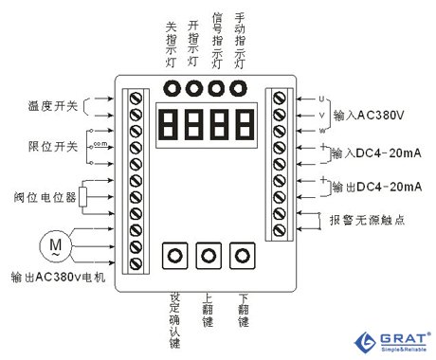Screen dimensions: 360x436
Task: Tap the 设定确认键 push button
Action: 173,256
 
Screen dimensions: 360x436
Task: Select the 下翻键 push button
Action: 244,256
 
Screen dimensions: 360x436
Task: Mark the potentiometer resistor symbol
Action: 83,196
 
